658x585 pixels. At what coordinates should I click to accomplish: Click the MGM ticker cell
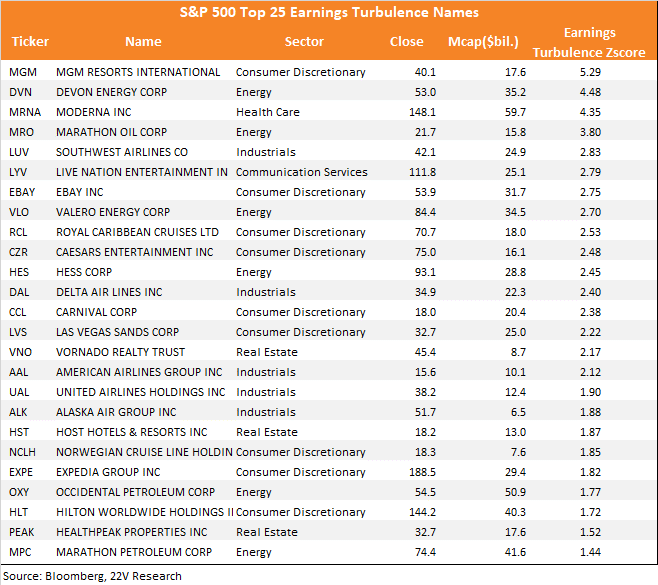coord(23,72)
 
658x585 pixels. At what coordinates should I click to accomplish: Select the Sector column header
coord(304,42)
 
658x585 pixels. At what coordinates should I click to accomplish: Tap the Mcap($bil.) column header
coord(483,42)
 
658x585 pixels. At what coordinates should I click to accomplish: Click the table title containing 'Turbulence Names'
coord(329,12)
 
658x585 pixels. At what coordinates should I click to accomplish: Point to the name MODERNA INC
coord(94,112)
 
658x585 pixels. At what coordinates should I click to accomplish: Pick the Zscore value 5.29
coord(590,72)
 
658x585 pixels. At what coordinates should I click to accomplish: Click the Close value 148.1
coord(423,112)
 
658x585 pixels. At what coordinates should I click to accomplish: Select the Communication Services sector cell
coord(301,172)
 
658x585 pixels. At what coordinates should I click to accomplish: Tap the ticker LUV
coord(19,152)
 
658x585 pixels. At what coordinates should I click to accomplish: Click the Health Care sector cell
coord(268,112)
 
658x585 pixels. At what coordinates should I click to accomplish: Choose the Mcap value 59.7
coord(515,112)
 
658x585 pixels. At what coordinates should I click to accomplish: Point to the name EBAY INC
coord(80,192)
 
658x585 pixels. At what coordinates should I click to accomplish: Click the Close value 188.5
coord(423,472)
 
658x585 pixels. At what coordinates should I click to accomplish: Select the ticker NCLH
coord(22,452)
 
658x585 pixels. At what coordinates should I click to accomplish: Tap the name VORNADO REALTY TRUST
coord(120,352)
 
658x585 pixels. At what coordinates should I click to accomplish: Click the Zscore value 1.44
coord(590,552)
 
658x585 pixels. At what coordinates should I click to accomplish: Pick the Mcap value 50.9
coord(515,492)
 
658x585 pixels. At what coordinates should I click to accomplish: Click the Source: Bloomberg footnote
coord(92,576)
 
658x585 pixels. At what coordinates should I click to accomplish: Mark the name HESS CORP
coord(84,272)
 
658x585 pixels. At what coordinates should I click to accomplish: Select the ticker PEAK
coord(21,532)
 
